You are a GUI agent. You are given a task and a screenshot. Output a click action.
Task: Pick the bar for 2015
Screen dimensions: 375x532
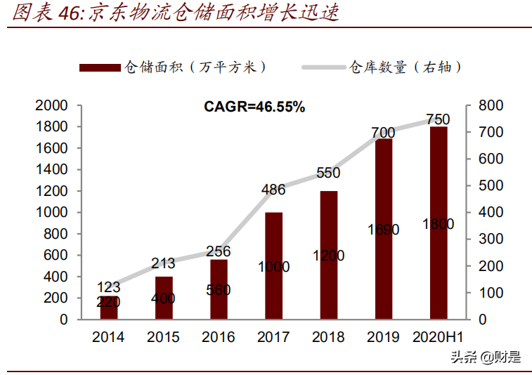(x=164, y=298)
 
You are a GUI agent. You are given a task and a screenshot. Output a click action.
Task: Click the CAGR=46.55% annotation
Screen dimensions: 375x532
(x=254, y=107)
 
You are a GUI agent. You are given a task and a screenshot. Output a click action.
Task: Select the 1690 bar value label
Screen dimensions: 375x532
(x=383, y=230)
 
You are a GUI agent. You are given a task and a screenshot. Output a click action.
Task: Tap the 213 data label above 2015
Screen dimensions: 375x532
(x=163, y=263)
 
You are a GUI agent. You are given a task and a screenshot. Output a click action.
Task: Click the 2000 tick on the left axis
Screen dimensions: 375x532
(x=52, y=105)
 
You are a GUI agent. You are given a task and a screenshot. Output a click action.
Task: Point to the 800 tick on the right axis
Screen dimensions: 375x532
(x=492, y=105)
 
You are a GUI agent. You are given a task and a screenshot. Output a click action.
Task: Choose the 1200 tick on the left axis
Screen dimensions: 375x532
(x=52, y=191)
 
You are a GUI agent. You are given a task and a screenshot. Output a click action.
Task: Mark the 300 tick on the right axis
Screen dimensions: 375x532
(x=492, y=239)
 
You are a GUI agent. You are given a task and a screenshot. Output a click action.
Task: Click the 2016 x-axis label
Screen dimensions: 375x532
(x=218, y=337)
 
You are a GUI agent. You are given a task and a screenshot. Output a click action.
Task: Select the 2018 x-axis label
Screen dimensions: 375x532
(x=327, y=337)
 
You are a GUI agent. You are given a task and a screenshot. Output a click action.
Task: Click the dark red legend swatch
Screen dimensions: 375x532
(x=100, y=67)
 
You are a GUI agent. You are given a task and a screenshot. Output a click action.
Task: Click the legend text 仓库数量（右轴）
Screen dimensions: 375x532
(x=406, y=67)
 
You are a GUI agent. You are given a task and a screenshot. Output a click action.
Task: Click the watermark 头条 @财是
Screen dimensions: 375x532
(x=486, y=357)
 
